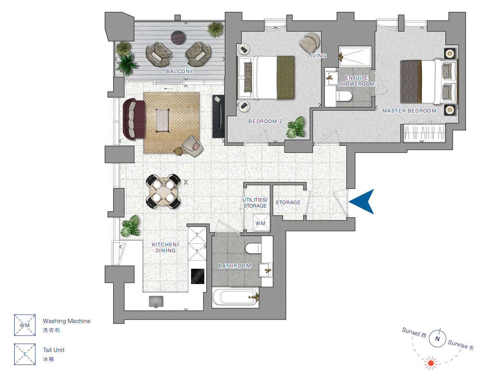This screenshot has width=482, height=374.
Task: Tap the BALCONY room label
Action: click(180, 71)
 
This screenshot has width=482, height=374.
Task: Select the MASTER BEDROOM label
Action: click(409, 111)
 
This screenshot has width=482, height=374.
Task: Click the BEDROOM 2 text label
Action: click(265, 121)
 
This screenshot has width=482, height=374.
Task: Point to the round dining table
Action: click(163, 191)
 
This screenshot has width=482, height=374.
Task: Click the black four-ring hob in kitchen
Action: click(198, 276)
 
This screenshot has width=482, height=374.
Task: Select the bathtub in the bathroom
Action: click(235, 298)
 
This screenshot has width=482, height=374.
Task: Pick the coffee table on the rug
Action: click(163, 120)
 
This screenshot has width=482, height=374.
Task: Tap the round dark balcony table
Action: click(178, 38)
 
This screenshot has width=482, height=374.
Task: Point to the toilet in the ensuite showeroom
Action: click(344, 96)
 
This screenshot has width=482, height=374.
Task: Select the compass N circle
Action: click(437, 338)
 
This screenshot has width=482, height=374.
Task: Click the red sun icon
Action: click(431, 363)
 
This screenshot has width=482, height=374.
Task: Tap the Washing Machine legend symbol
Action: click(25, 325)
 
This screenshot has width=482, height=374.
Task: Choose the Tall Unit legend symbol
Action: click(25, 354)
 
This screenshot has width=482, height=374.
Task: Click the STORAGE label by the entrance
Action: click(288, 202)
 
